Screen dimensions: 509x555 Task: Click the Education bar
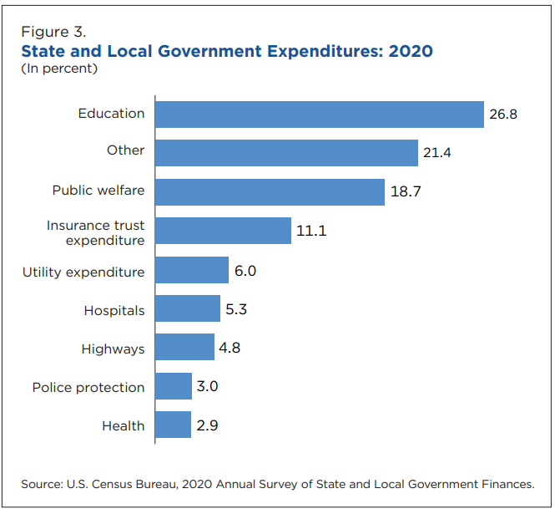pos(320,115)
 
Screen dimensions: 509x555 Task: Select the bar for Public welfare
pos(270,191)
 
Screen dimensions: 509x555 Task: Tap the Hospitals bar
pos(188,308)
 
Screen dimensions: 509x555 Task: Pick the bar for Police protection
pos(174,386)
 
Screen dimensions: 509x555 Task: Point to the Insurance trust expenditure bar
pos(223,231)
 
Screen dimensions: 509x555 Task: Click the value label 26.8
pos(503,115)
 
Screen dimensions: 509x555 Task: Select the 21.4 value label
pos(437,153)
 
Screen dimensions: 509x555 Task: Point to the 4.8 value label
pos(230,348)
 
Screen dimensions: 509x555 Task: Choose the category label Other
pos(125,150)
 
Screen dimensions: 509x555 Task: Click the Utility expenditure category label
pos(83,272)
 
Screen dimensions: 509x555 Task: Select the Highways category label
pos(113,349)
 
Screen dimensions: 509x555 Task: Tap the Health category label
pos(123,426)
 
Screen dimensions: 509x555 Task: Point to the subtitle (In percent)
pos(59,69)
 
